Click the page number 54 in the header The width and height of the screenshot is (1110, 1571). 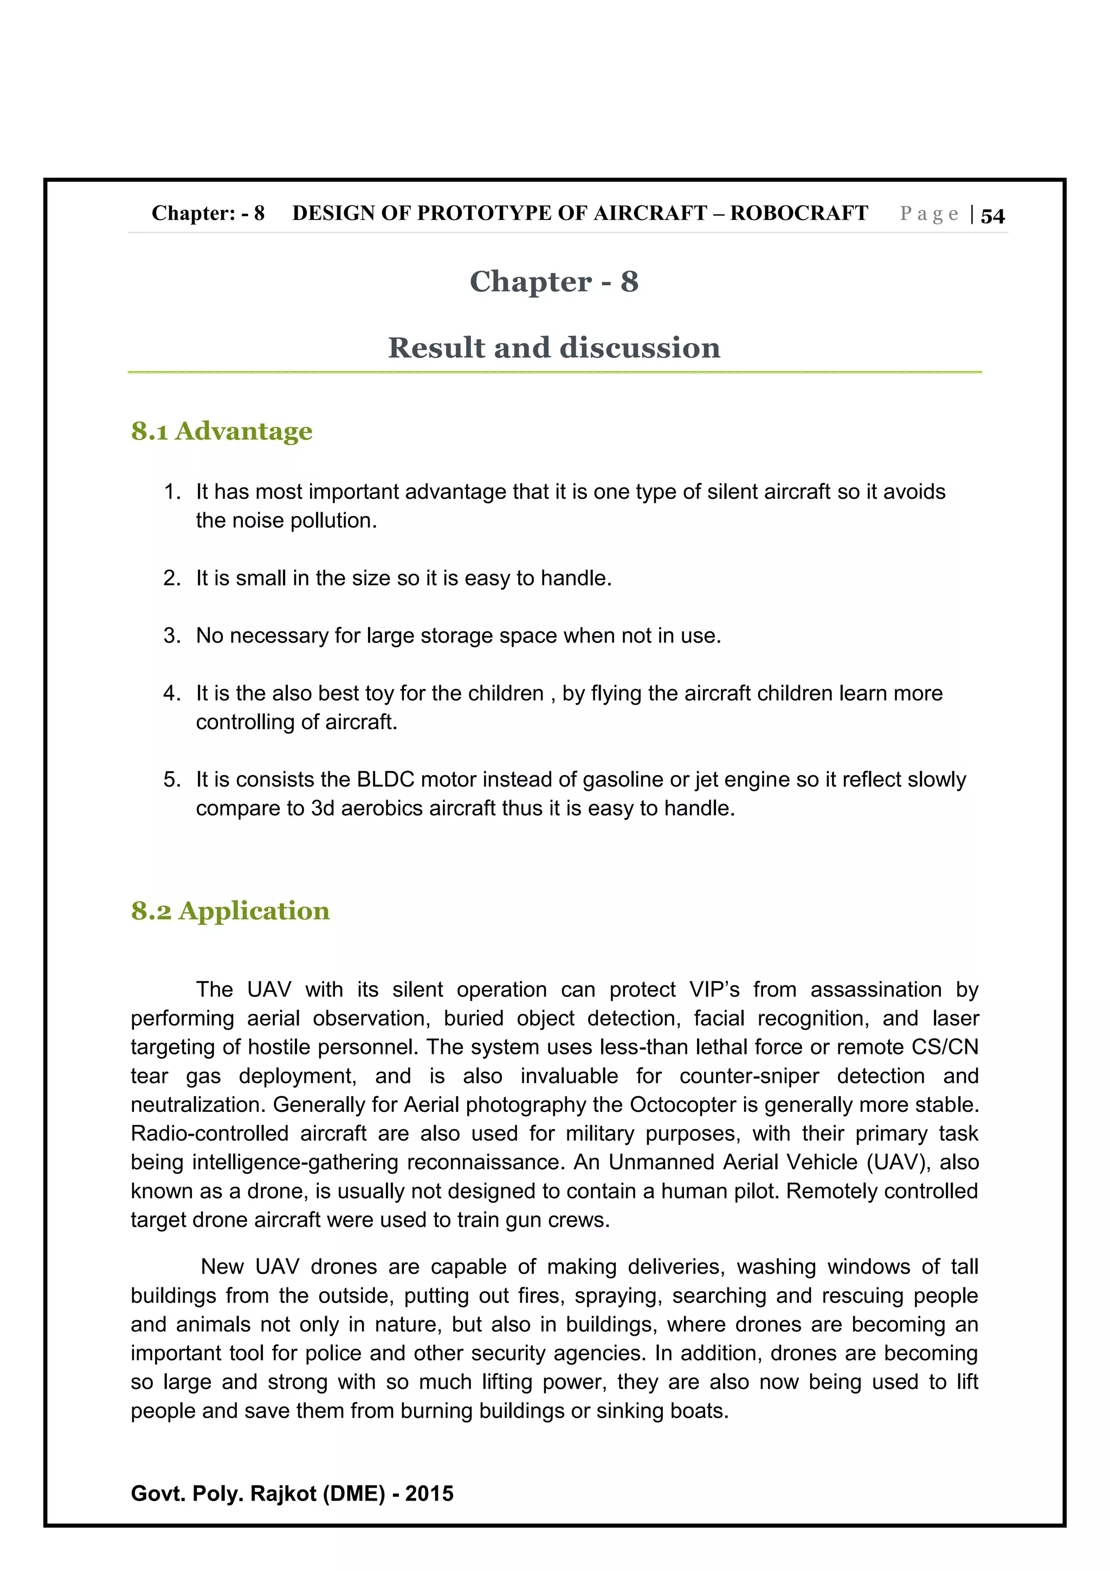[992, 216]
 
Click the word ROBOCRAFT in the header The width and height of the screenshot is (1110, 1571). [799, 214]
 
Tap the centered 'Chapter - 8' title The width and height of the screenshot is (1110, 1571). [554, 281]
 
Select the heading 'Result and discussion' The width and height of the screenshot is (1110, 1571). [554, 347]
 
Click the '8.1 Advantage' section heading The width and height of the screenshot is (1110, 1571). [222, 431]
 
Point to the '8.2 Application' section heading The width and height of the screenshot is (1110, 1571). [230, 911]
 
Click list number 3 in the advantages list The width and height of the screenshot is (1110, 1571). [172, 636]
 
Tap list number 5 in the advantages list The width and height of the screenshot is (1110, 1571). [172, 780]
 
